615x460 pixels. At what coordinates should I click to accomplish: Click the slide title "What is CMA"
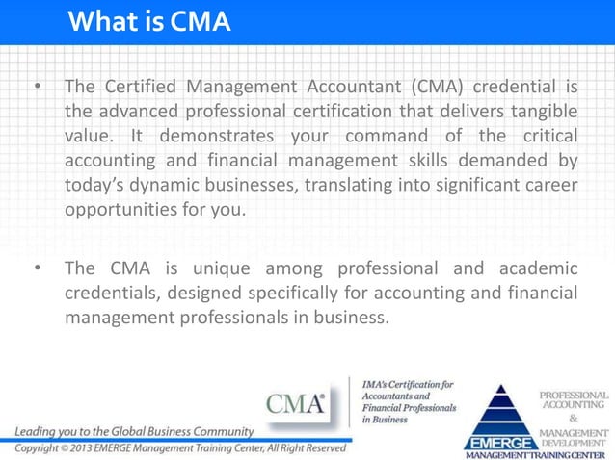(x=150, y=21)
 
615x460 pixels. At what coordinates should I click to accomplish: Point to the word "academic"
(x=533, y=268)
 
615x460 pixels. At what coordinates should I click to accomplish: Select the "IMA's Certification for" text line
(x=407, y=385)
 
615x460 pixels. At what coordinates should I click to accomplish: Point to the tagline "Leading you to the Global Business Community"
(x=133, y=430)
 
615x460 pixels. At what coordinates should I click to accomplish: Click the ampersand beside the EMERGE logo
(x=574, y=420)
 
